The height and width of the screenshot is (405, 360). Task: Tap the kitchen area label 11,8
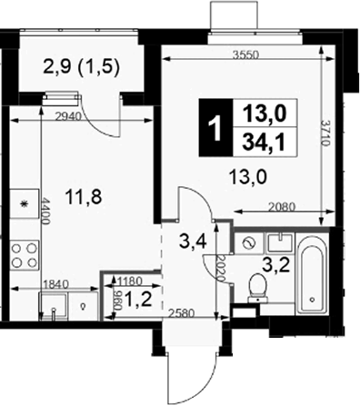pyautogui.click(x=85, y=197)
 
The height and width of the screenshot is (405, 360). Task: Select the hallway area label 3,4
pyautogui.click(x=193, y=242)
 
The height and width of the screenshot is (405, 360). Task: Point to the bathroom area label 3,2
pyautogui.click(x=276, y=265)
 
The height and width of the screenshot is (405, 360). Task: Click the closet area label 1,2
pyautogui.click(x=138, y=300)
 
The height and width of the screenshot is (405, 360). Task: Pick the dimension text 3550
pyautogui.click(x=245, y=54)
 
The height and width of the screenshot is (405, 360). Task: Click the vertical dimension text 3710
pyautogui.click(x=325, y=133)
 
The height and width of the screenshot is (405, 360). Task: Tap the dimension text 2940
pyautogui.click(x=69, y=116)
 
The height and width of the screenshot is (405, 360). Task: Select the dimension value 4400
pyautogui.click(x=45, y=211)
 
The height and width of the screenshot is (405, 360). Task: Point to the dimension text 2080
pyautogui.click(x=282, y=207)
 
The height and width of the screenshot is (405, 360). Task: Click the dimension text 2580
pyautogui.click(x=181, y=313)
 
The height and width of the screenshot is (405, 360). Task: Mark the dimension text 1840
pyautogui.click(x=56, y=284)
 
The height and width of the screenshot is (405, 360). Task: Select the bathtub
pyautogui.click(x=313, y=275)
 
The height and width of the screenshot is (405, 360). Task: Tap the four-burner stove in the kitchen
pyautogui.click(x=25, y=255)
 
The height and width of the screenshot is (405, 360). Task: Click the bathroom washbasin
pyautogui.click(x=279, y=242)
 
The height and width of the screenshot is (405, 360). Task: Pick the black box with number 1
pyautogui.click(x=215, y=127)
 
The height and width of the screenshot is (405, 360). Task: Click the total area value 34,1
pyautogui.click(x=265, y=143)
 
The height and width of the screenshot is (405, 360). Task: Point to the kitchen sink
pyautogui.click(x=54, y=306)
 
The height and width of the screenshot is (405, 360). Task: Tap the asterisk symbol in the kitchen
pyautogui.click(x=24, y=203)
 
